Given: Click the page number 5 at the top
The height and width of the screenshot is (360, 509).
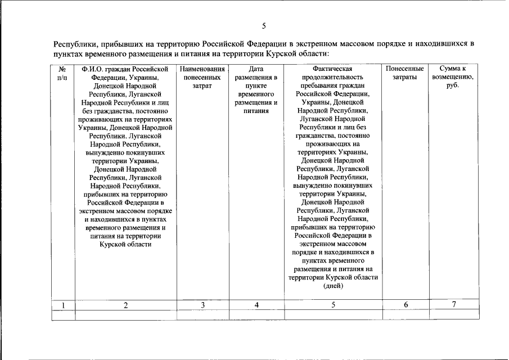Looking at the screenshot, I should pyautogui.click(x=263, y=26).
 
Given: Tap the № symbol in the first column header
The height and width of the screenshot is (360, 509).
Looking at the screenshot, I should pyautogui.click(x=63, y=69).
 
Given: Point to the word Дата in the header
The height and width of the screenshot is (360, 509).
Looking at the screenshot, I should pyautogui.click(x=256, y=69).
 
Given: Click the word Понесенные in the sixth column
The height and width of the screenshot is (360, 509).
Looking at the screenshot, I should pyautogui.click(x=404, y=69).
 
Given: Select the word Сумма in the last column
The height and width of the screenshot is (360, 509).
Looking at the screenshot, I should pyautogui.click(x=453, y=69).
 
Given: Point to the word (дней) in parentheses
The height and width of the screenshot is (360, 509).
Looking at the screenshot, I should pyautogui.click(x=333, y=286).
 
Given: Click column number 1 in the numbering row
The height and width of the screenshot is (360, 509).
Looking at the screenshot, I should pyautogui.click(x=64, y=305).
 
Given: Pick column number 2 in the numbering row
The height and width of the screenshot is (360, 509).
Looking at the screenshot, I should pyautogui.click(x=125, y=305).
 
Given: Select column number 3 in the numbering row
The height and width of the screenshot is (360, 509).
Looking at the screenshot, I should pyautogui.click(x=202, y=305).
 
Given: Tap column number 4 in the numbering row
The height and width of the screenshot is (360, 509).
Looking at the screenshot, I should pyautogui.click(x=256, y=305).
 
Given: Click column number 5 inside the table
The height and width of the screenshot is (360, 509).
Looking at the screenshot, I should pyautogui.click(x=333, y=305).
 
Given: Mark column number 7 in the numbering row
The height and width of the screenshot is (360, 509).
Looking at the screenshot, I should pyautogui.click(x=453, y=304).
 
